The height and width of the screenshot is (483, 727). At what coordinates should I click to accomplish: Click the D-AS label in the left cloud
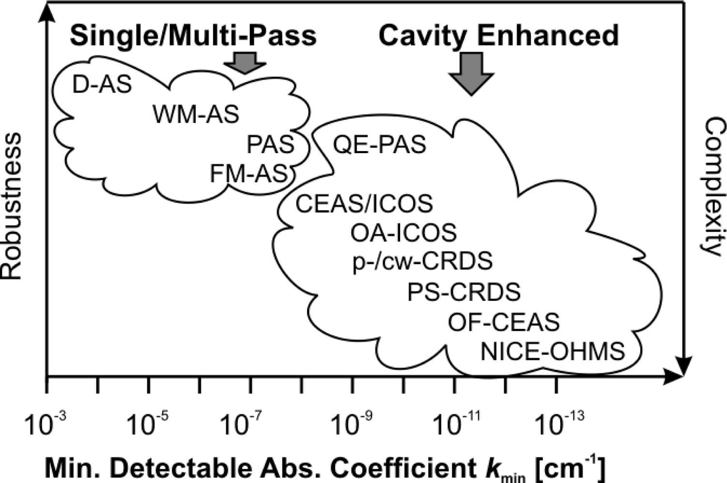click(102, 85)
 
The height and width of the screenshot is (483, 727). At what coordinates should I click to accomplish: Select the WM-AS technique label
click(196, 114)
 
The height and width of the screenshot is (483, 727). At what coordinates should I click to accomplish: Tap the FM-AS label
click(249, 173)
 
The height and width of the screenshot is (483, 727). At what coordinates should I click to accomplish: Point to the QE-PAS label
click(380, 144)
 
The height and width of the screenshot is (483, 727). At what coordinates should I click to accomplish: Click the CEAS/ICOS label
click(364, 204)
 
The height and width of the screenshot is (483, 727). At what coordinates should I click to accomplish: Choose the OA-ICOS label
click(403, 233)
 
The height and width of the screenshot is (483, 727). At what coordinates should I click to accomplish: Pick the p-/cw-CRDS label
click(422, 261)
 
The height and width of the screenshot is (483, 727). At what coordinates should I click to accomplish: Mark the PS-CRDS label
click(463, 292)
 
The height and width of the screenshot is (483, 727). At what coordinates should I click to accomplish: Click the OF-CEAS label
click(504, 322)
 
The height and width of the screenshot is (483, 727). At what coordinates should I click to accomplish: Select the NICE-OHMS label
click(552, 351)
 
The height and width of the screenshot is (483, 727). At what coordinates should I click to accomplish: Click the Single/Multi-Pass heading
click(193, 36)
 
